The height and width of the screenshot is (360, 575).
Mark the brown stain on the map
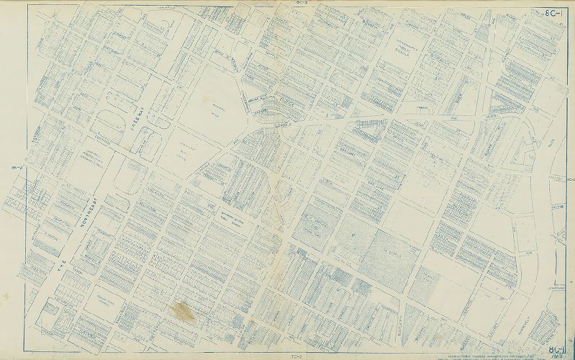(x=184, y=311)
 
